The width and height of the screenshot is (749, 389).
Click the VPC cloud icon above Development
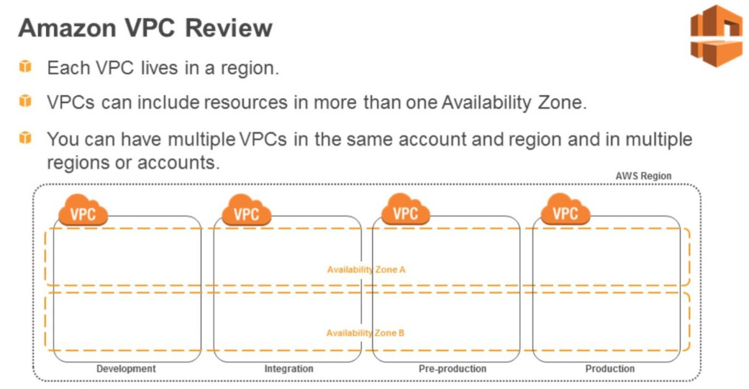click(x=83, y=211)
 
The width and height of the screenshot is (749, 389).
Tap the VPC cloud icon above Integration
click(x=246, y=211)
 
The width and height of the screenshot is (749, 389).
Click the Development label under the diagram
click(x=126, y=369)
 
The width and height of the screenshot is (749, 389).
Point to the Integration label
click(x=289, y=369)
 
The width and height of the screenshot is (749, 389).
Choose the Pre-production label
click(x=453, y=369)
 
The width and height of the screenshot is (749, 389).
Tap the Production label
click(x=610, y=369)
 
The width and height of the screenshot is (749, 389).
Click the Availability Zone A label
click(x=366, y=269)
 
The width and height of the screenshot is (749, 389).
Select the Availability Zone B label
click(x=366, y=333)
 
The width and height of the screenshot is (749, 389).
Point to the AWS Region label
click(x=643, y=176)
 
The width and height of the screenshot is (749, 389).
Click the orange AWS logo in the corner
click(x=715, y=35)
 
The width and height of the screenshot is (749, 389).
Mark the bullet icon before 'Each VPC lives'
click(x=26, y=67)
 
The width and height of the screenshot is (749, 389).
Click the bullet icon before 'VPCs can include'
click(x=26, y=101)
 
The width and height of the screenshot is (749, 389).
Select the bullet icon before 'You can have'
click(x=26, y=137)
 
